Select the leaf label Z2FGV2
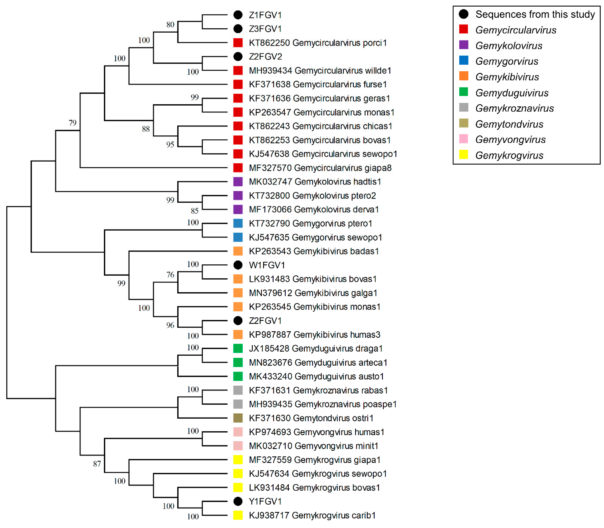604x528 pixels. coord(265,57)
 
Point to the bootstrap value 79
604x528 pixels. coord(72,123)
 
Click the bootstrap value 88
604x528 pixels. coord(146,129)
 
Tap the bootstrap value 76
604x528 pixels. coord(170,275)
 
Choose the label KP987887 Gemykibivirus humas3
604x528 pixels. coord(314,335)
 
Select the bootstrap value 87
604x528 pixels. coord(97,464)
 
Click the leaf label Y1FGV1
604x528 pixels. coord(265,501)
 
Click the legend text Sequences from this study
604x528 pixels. coord(535,14)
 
